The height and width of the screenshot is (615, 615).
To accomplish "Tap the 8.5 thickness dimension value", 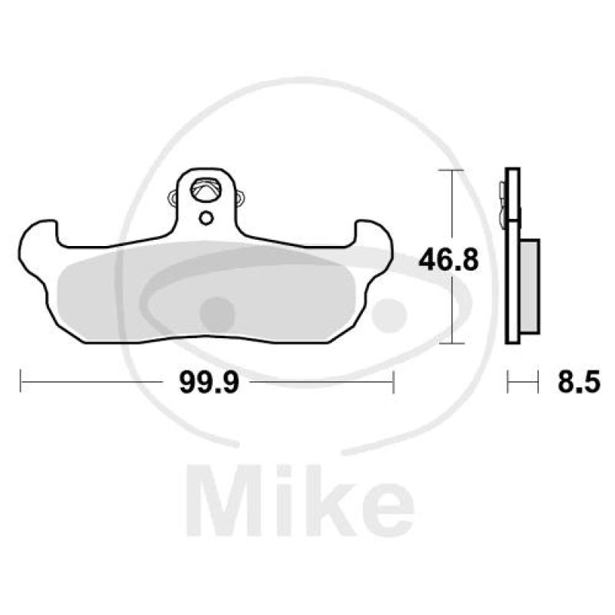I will [x=578, y=382].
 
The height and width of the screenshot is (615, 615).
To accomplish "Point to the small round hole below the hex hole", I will [x=205, y=218].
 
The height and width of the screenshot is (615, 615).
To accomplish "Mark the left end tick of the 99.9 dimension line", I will [x=21, y=381].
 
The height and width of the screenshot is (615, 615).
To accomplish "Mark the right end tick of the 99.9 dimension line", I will [x=394, y=381].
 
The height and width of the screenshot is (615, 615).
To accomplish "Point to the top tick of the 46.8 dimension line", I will [x=451, y=169].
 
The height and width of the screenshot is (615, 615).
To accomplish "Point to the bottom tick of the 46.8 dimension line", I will [x=451, y=344].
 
